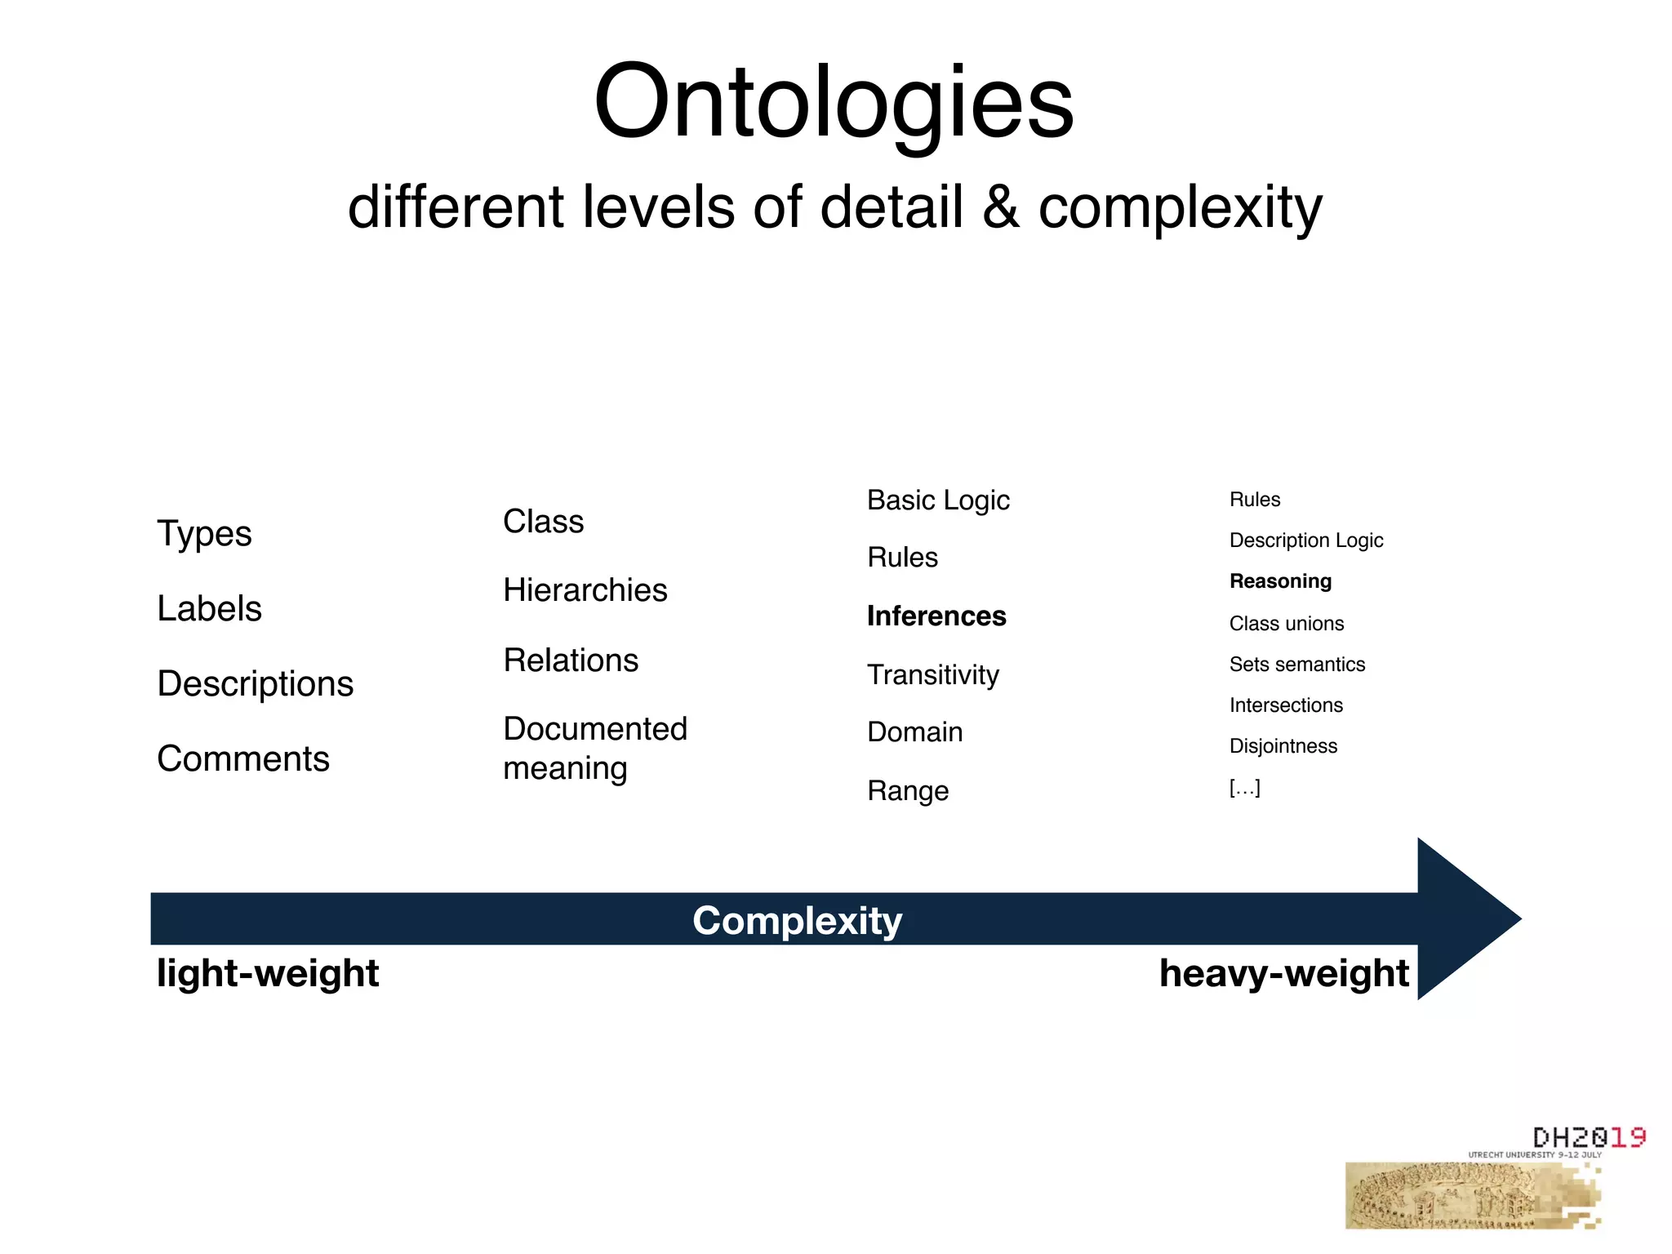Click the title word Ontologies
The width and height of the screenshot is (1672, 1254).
pos(834,103)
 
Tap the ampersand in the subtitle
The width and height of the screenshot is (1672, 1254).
pos(1000,207)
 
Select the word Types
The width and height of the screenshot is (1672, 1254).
pos(204,534)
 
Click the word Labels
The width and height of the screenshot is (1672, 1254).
pos(209,609)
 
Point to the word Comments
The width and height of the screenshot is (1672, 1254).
pos(243,759)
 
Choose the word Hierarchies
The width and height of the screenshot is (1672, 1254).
pos(585,590)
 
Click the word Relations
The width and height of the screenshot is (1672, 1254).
pos(571,660)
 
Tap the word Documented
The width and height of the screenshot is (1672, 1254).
pos(595,729)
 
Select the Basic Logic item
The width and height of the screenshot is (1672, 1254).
pos(938,500)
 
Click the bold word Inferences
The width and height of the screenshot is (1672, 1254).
pos(936,616)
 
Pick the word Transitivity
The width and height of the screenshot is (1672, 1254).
pos(932,675)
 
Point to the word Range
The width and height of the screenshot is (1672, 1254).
pos(908,791)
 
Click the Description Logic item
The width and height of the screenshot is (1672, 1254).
pos(1306,540)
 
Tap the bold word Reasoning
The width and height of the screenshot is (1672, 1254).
pos(1280,581)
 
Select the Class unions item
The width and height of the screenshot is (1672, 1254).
pos(1287,624)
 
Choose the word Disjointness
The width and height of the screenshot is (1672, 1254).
pos(1283,746)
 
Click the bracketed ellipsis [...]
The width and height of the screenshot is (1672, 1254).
pos(1245,788)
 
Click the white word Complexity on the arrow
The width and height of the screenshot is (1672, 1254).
pos(797,921)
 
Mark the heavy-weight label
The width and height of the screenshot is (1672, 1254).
pos(1283,973)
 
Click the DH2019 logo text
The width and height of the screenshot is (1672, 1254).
pos(1588,1137)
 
